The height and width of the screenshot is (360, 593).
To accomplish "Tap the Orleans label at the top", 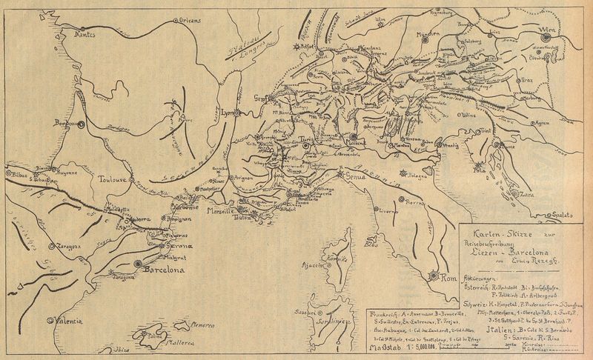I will coord(191,21).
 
